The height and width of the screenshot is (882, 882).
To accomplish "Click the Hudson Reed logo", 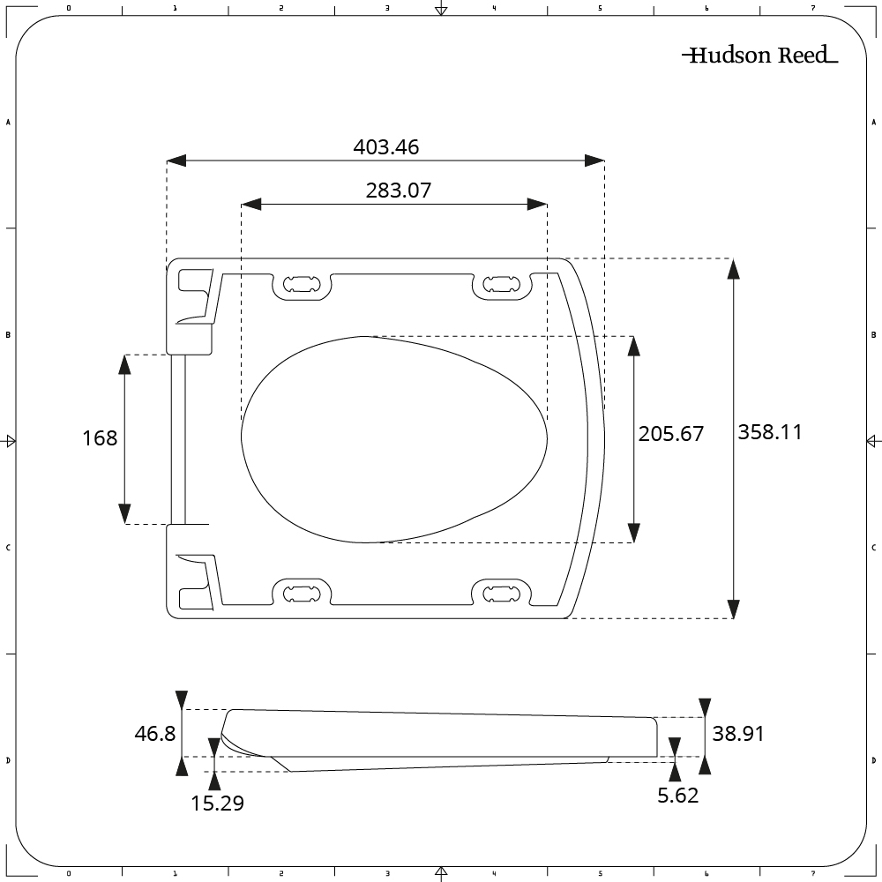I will (759, 56).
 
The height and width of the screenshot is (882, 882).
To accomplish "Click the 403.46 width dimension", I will (386, 147).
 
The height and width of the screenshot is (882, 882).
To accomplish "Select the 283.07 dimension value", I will (398, 190).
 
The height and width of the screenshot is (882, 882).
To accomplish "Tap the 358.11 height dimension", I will (770, 432).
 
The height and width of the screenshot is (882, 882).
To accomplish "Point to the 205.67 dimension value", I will (671, 434).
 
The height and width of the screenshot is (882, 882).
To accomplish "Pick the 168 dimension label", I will (100, 437).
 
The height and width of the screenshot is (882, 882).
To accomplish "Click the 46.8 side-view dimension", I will (155, 734).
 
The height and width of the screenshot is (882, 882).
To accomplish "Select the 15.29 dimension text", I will (217, 803).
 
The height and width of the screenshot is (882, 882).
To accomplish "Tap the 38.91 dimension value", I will (738, 734).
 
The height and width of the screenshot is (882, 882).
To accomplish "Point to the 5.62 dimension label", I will (677, 796).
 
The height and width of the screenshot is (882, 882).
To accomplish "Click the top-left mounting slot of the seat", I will (303, 284).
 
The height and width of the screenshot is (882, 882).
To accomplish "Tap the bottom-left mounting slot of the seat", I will (303, 592).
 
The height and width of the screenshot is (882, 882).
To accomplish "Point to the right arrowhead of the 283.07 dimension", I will (537, 204).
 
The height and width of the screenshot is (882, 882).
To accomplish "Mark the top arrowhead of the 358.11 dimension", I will (733, 268).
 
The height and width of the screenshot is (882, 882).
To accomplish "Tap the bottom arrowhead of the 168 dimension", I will (125, 513).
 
